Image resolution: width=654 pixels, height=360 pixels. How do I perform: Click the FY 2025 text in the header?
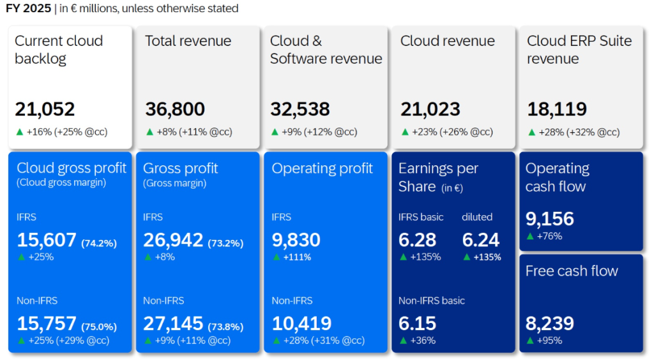click(x=27, y=8)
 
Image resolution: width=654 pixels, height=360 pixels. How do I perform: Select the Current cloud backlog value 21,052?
click(x=45, y=109)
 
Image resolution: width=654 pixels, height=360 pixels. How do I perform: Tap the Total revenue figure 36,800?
click(x=175, y=109)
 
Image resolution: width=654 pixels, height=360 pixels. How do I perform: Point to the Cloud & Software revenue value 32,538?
click(x=300, y=109)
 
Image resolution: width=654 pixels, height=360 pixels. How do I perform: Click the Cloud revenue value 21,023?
click(x=430, y=109)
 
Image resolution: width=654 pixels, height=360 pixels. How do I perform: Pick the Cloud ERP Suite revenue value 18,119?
click(x=557, y=109)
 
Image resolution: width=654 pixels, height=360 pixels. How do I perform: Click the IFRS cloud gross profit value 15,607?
click(x=47, y=240)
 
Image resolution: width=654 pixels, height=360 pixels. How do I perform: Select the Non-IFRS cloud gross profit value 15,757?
click(x=47, y=324)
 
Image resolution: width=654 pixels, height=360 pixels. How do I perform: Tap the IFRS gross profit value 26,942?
click(x=173, y=240)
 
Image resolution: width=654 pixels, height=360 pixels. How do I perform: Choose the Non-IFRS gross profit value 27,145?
click(x=173, y=324)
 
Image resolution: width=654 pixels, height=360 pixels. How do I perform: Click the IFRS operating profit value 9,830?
click(x=296, y=240)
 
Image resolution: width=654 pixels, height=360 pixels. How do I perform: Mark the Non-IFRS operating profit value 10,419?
click(x=301, y=324)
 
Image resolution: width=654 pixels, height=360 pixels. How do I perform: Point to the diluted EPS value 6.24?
click(x=481, y=240)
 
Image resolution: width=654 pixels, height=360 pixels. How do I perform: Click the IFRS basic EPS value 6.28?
click(x=418, y=240)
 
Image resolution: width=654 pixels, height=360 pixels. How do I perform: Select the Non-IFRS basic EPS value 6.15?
click(x=418, y=324)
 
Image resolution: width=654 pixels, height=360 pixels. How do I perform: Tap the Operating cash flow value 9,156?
click(x=550, y=219)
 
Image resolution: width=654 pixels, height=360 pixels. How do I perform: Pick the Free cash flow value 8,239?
click(x=550, y=324)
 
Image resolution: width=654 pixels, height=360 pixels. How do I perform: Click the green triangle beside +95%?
click(x=529, y=341)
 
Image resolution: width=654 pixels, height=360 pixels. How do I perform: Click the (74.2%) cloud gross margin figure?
click(x=99, y=243)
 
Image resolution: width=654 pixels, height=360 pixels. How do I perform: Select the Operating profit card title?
click(x=322, y=169)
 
